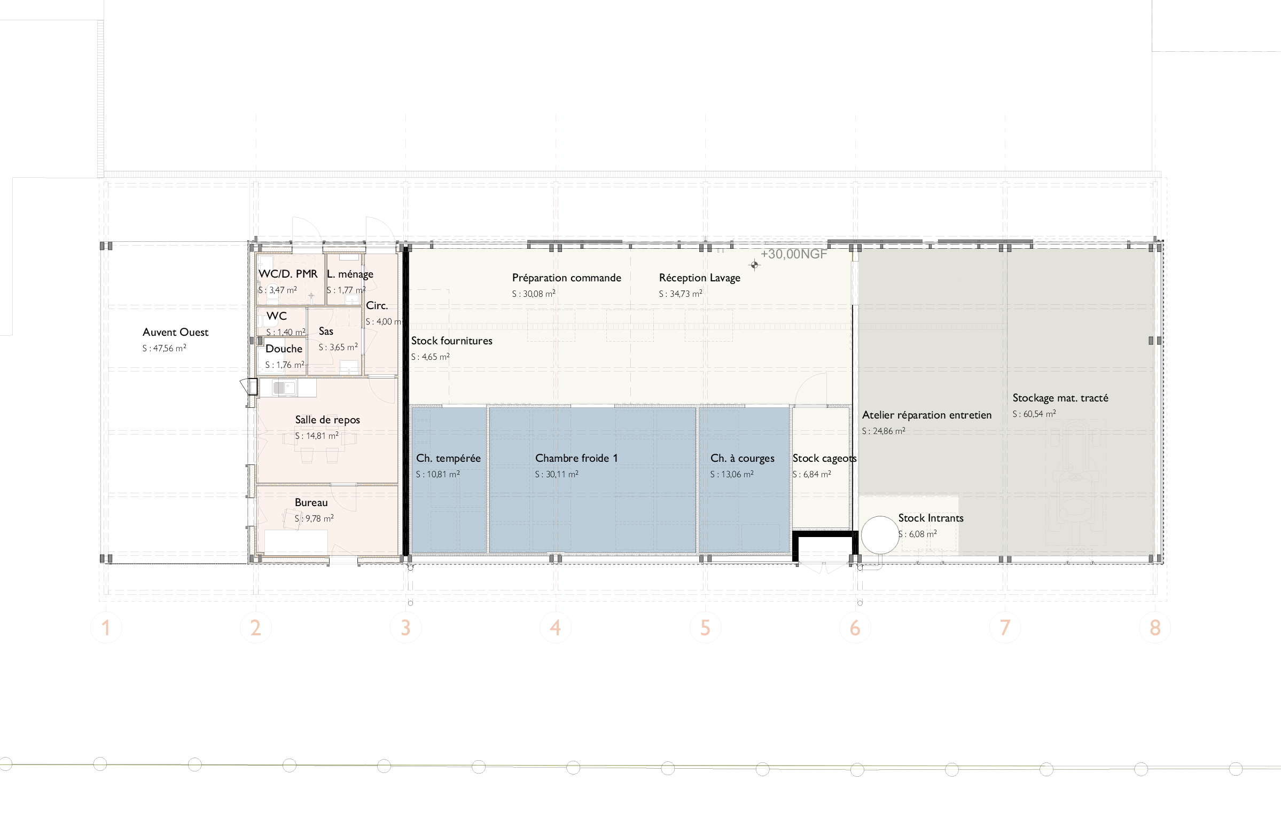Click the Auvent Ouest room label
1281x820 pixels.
(x=175, y=332)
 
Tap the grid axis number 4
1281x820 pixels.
(x=556, y=628)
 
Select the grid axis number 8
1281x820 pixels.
(x=1155, y=628)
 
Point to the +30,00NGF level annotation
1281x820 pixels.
(x=794, y=254)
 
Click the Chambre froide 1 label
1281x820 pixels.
(x=576, y=458)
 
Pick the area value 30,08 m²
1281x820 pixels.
(x=534, y=294)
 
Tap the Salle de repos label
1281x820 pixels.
(x=327, y=420)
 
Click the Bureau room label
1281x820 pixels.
(x=311, y=502)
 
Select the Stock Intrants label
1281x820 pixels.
(x=931, y=518)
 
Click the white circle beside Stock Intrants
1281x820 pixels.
(x=880, y=534)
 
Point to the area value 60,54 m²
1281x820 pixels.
(x=1034, y=414)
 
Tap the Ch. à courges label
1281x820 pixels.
(x=742, y=459)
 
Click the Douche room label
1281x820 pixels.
(x=284, y=349)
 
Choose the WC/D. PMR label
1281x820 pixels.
(x=288, y=274)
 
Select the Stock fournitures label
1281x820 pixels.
(x=451, y=341)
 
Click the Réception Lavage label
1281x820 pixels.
(x=699, y=278)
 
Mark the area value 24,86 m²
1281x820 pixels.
(x=884, y=431)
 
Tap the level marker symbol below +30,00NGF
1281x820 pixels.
(x=754, y=265)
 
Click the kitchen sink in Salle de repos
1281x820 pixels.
(x=285, y=388)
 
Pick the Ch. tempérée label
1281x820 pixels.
(x=448, y=459)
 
